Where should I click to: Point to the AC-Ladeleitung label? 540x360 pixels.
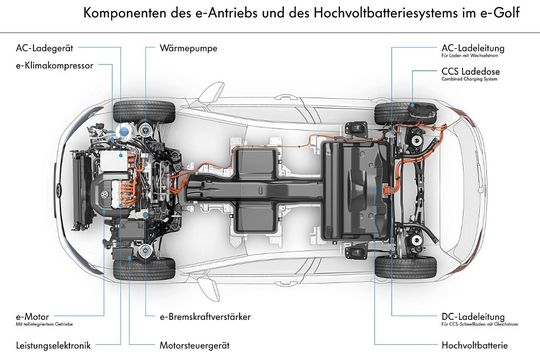tap(474, 47)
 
